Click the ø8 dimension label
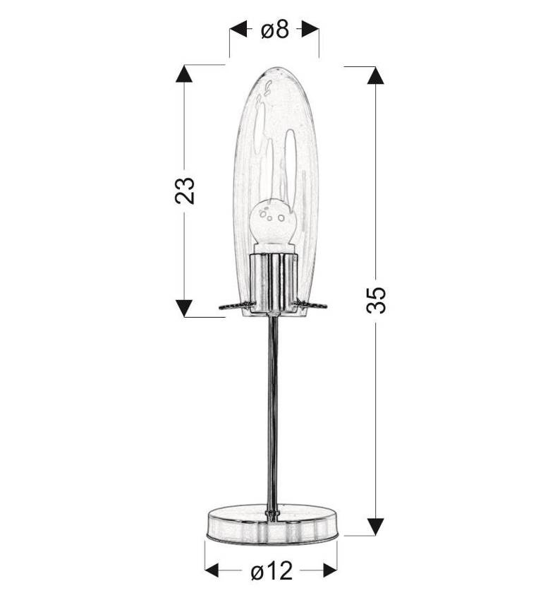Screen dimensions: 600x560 (x=274, y=30)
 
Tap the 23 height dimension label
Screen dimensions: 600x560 (x=185, y=191)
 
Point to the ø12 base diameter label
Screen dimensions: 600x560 (x=271, y=571)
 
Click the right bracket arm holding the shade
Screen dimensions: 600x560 (x=311, y=305)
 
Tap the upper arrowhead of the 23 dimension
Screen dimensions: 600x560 (x=184, y=75)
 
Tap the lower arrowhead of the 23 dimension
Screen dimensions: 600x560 (x=184, y=308)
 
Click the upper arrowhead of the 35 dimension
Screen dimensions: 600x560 (x=375, y=76)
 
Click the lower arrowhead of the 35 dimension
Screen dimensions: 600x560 (x=375, y=526)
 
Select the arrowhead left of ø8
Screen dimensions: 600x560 (x=238, y=30)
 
